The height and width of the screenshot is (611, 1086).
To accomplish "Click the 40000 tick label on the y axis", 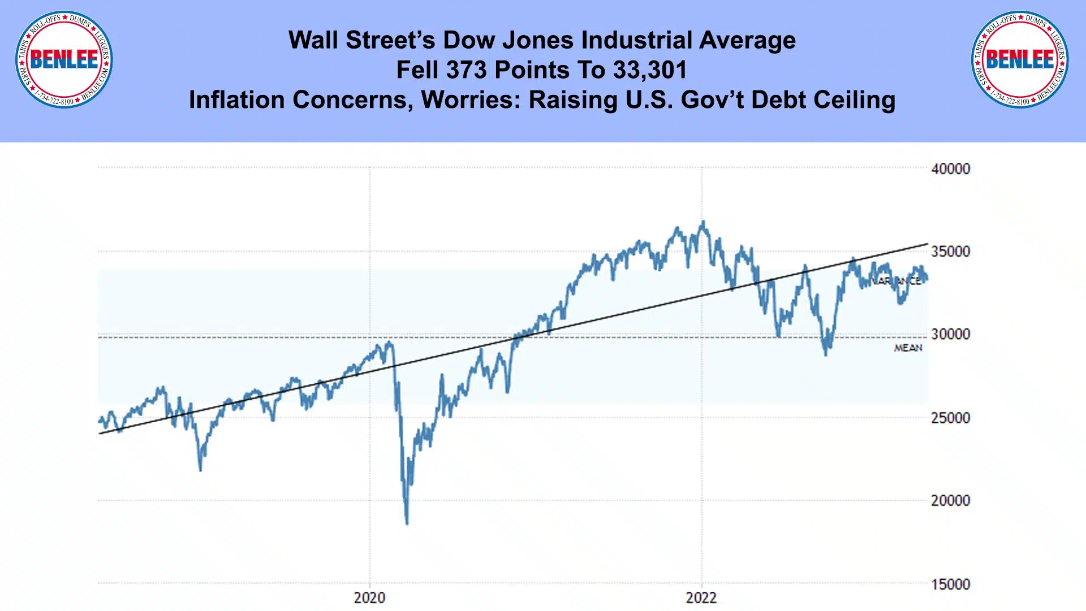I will point(950,168).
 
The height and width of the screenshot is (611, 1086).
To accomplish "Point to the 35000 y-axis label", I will point(950,252).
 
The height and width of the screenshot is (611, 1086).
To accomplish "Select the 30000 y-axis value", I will point(950,334).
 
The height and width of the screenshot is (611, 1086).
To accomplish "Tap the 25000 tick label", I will point(950,418).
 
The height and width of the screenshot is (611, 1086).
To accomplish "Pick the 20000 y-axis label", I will point(950,500).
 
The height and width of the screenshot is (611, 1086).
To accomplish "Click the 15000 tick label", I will point(950,584).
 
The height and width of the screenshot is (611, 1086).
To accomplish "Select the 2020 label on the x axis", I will point(369,597).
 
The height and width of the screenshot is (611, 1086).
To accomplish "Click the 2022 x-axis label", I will point(701,597).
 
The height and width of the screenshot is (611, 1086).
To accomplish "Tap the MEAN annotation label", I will point(908,348).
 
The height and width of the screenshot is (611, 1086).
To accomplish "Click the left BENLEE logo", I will point(64,59).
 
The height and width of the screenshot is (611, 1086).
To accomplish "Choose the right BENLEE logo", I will point(1020,59).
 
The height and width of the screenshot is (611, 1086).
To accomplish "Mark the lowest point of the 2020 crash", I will point(407,523).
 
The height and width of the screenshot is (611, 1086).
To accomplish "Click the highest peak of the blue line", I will point(703,222).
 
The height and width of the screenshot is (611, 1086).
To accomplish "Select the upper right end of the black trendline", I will point(927,244).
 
